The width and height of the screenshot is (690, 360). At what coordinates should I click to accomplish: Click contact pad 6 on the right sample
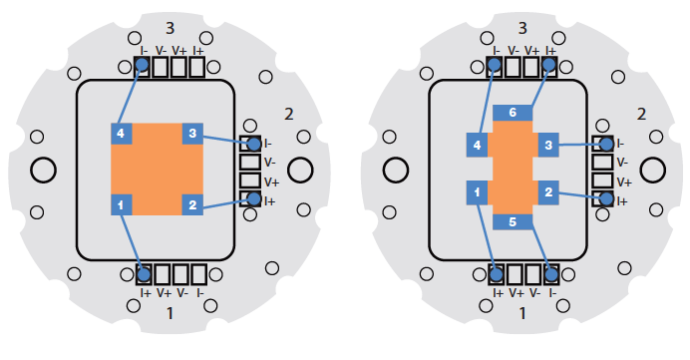(513, 113)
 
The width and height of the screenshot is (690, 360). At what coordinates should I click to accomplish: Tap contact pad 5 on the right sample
(513, 221)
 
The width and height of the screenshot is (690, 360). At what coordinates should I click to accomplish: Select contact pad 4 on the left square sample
(121, 134)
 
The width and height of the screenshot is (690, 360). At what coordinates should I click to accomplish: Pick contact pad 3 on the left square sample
(192, 134)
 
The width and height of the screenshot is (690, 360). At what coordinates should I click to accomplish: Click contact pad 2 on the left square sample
(192, 204)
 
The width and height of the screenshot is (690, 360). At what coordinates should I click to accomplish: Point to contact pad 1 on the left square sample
(121, 204)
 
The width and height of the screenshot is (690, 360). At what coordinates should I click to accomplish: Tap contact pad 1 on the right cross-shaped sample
(477, 192)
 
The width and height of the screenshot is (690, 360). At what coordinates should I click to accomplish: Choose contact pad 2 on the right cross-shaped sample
(548, 192)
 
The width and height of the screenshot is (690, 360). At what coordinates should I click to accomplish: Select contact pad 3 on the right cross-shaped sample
(548, 145)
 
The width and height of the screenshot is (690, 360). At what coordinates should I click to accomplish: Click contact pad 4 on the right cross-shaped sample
(477, 145)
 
